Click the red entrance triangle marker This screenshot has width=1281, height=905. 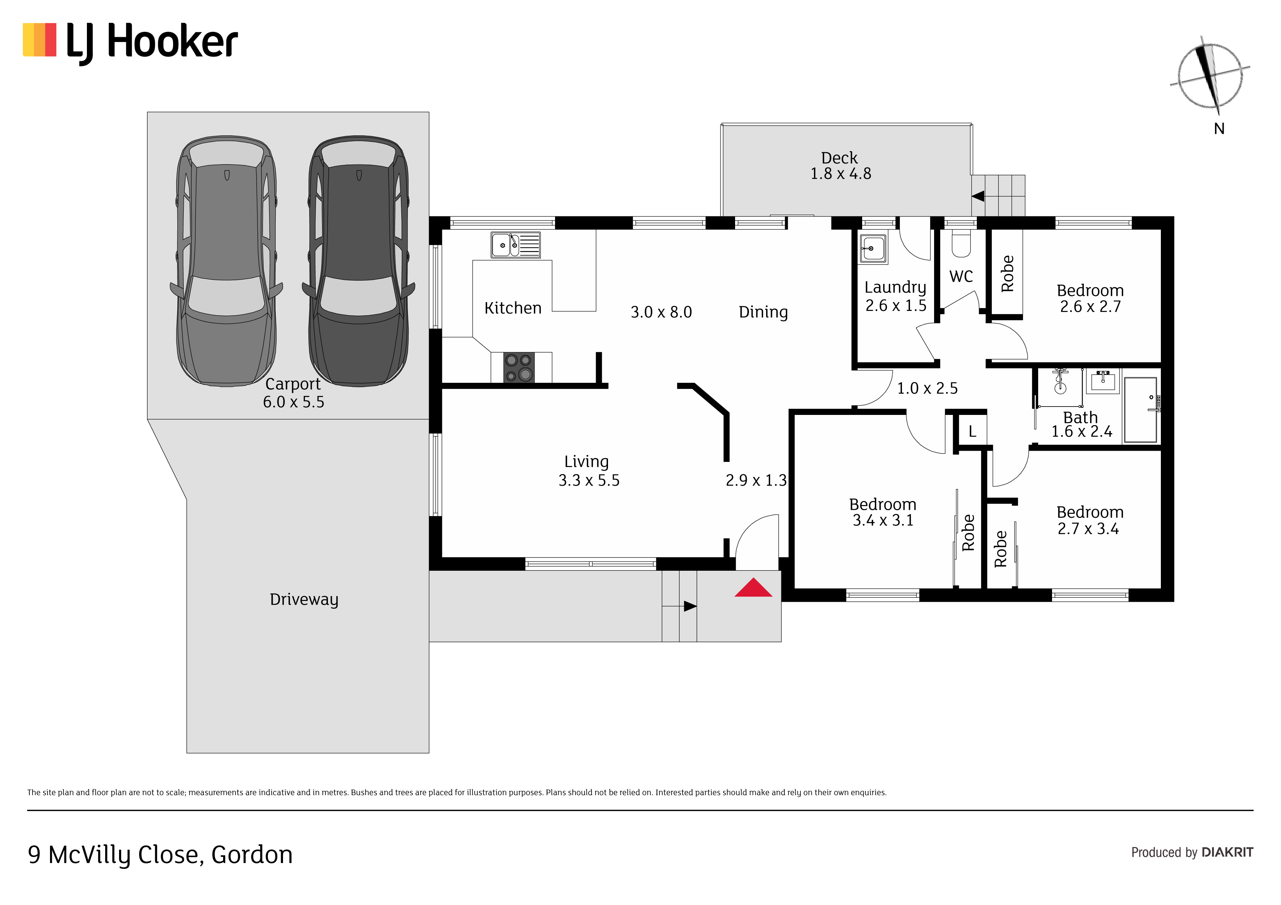753,588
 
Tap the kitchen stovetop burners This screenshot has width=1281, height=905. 519,367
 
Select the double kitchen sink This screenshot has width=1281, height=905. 516,245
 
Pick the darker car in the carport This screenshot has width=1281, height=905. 358,261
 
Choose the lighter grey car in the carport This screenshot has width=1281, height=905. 226,261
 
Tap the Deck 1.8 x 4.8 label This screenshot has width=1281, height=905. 840,166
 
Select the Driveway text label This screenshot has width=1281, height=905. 304,600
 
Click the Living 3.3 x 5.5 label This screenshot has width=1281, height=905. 589,471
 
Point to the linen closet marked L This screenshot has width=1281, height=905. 972,431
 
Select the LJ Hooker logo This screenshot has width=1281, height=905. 130,43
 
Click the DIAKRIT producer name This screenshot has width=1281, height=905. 1227,852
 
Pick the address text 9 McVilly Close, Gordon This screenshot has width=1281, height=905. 160,855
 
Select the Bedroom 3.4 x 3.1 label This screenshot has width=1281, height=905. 883,512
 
